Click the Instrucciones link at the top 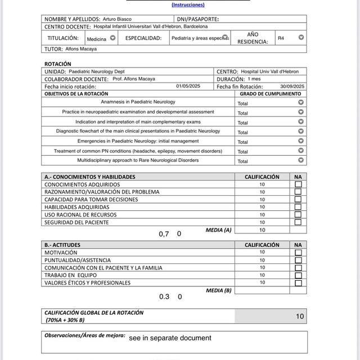point(188,4)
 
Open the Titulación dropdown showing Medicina point(112,38)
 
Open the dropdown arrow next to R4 point(301,38)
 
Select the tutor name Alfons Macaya point(81,49)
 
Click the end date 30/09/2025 point(292,87)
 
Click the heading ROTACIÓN point(58,64)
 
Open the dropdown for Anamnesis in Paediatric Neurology point(301,102)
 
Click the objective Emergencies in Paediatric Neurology point(138,141)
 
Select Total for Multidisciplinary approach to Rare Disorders point(243,161)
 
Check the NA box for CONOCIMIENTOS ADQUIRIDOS point(298,184)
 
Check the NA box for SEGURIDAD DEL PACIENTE point(298,222)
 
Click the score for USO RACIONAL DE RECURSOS point(262,214)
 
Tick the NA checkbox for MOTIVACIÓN point(298,253)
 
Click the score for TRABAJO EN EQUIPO point(262,275)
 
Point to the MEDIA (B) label point(218,290)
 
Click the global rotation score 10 point(299,317)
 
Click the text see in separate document point(170,338)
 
